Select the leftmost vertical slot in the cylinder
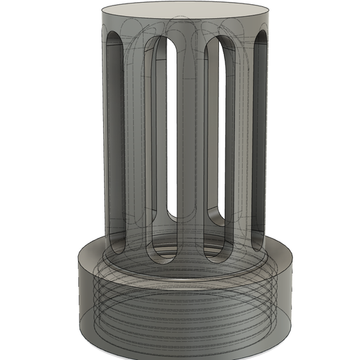tap(115, 140)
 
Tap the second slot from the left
tap(163, 140)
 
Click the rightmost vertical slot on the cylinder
tap(260, 140)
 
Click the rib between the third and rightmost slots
tap(241, 140)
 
